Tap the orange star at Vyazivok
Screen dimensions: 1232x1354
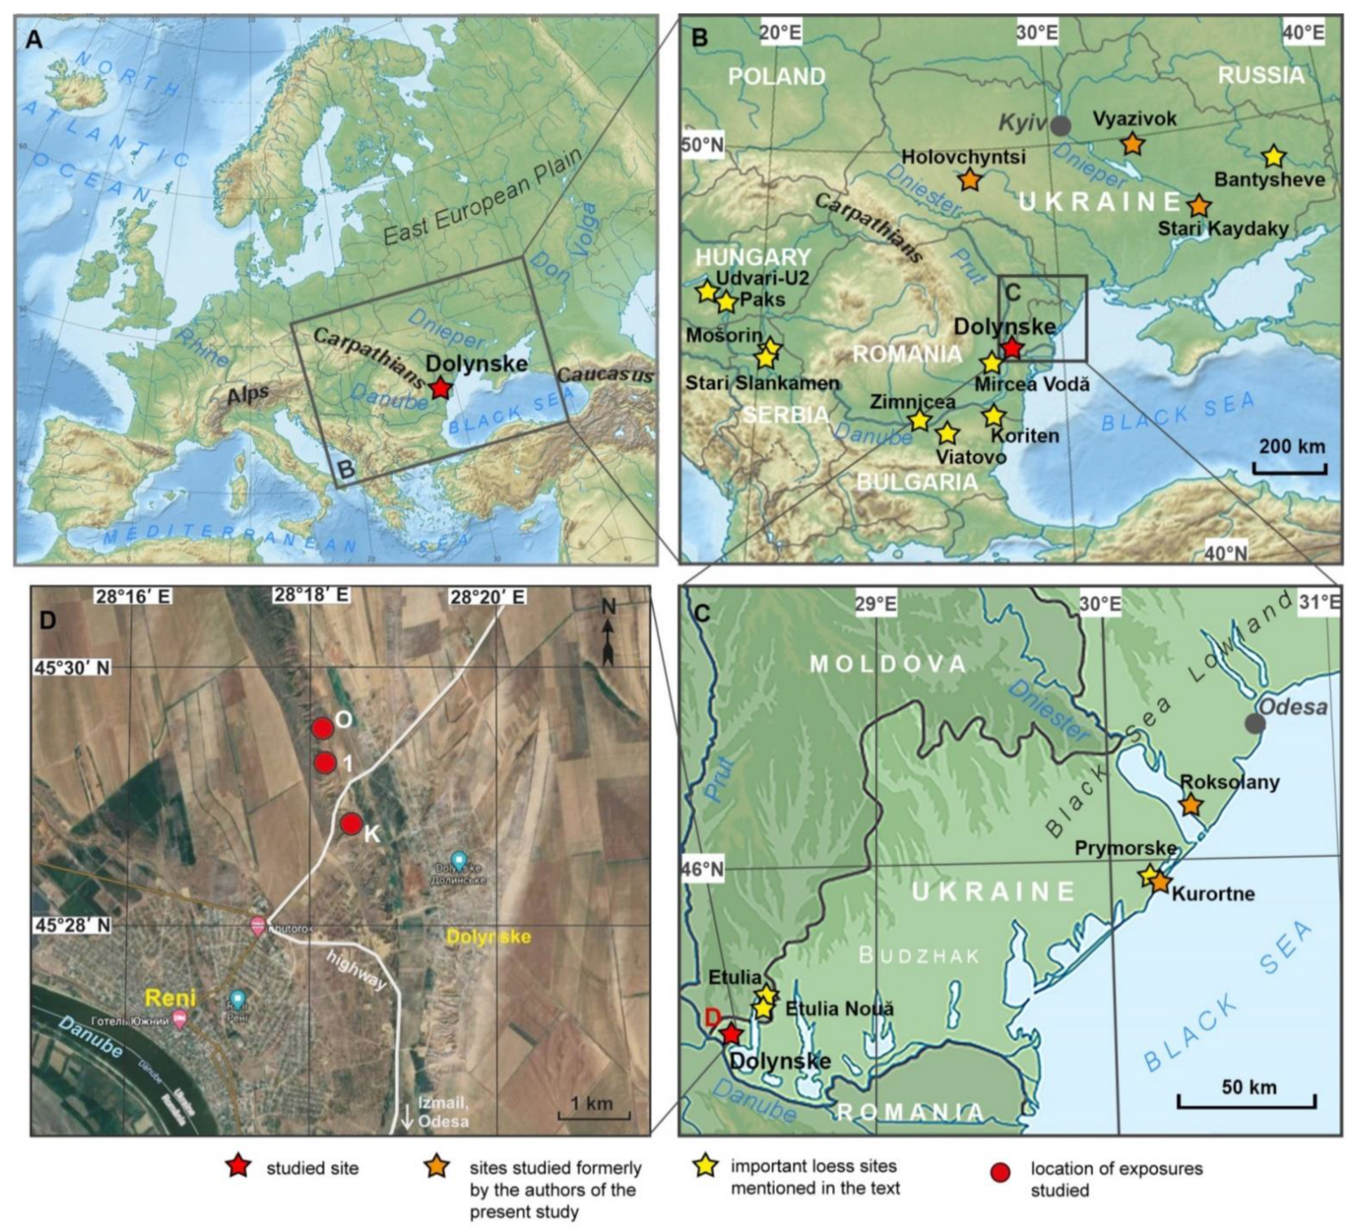coord(1133,144)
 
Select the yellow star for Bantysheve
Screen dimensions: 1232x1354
coord(1273,157)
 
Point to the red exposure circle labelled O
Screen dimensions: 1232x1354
coord(322,728)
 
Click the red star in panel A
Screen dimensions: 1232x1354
coord(440,388)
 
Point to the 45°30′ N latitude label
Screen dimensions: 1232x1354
coord(73,668)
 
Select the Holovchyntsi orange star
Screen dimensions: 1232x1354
coord(970,179)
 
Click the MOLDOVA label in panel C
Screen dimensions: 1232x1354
coord(887,664)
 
